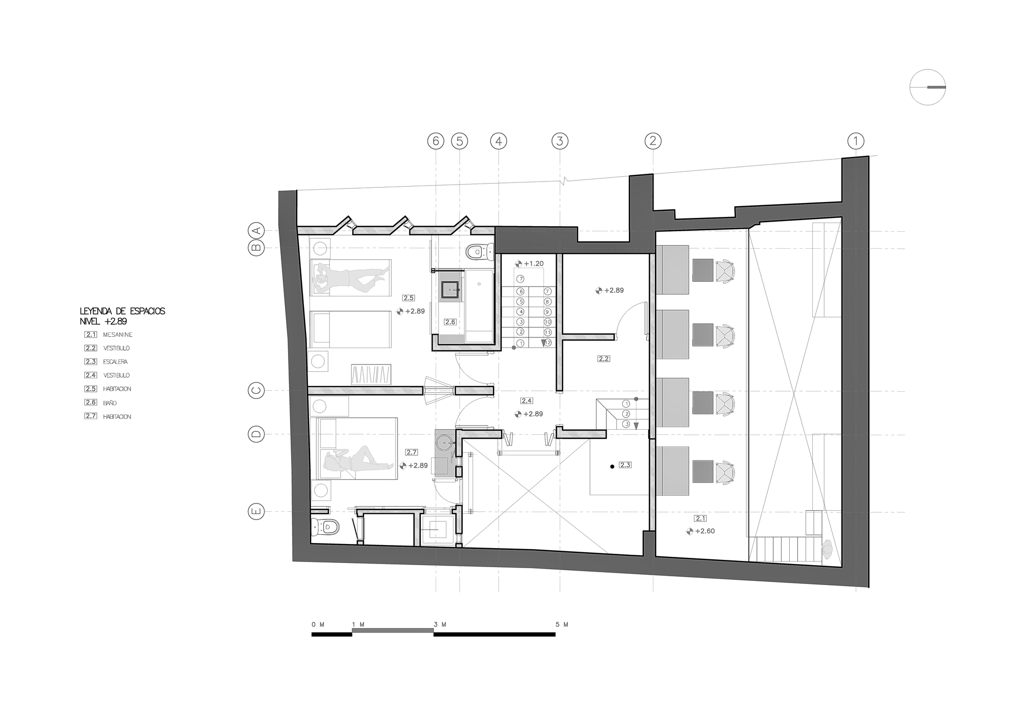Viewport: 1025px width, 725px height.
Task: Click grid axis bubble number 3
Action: tap(560, 141)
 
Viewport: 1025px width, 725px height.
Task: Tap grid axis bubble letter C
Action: tap(256, 391)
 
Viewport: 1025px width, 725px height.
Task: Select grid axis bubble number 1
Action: tap(855, 141)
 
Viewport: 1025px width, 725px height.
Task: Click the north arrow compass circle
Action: tap(928, 88)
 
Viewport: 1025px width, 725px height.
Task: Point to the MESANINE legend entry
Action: tap(117, 335)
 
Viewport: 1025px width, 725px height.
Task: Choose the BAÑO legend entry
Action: tap(110, 403)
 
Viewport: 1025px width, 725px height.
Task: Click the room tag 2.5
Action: tap(408, 298)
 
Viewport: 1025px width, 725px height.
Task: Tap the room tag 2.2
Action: tap(604, 359)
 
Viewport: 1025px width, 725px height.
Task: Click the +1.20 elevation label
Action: tap(534, 264)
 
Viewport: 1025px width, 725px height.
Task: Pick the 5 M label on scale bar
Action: tap(562, 625)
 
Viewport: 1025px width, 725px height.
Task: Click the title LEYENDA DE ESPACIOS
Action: tap(122, 311)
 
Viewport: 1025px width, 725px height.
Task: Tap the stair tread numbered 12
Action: tap(547, 343)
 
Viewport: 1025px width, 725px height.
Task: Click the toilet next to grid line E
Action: tap(325, 526)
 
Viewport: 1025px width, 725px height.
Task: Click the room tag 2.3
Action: tap(625, 465)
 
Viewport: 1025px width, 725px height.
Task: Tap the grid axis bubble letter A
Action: tap(256, 230)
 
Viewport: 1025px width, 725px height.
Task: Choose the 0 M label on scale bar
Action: tap(318, 625)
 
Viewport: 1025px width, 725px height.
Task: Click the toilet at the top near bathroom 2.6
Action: tap(478, 251)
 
